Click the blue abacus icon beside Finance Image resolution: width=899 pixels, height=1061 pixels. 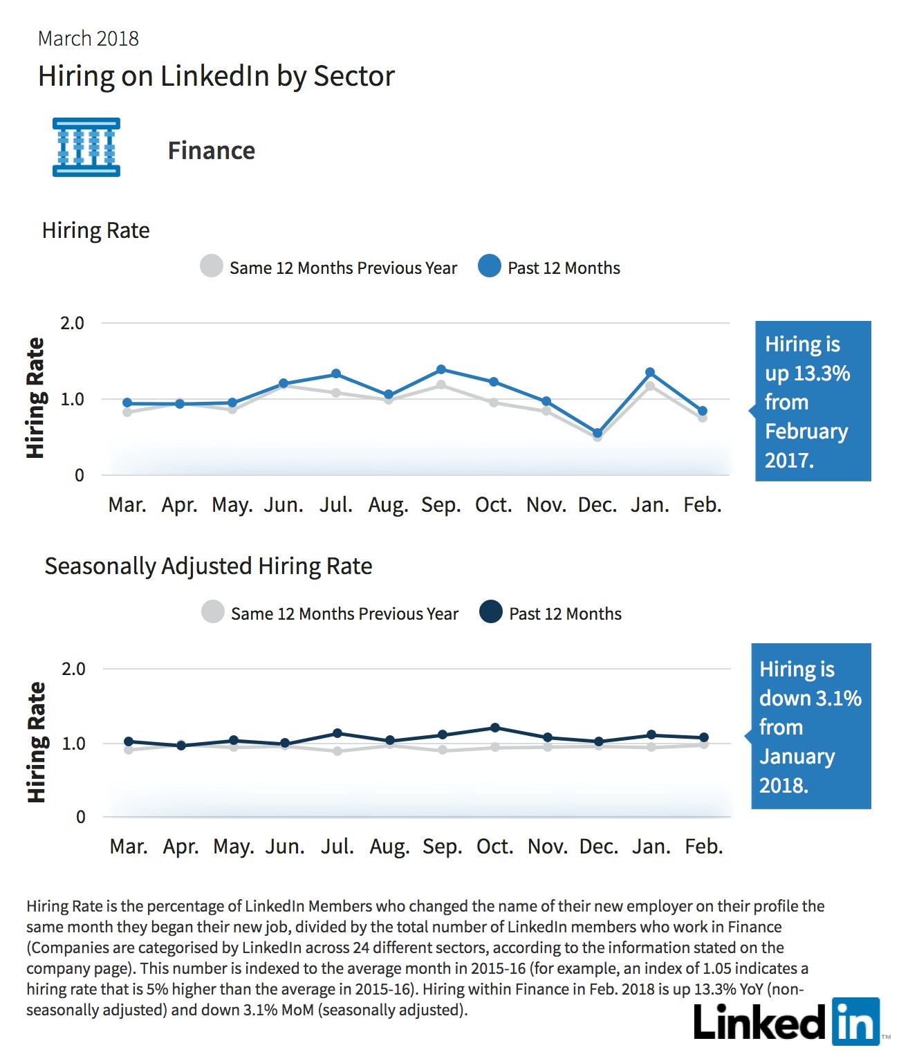coord(86,147)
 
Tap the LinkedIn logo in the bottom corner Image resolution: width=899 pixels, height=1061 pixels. coord(787,1022)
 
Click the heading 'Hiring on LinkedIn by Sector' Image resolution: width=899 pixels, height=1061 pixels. coord(216,77)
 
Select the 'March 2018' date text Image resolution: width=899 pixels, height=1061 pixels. coord(89,39)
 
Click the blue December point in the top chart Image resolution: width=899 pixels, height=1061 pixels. coord(597,433)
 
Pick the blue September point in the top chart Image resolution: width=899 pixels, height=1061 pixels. coord(441,369)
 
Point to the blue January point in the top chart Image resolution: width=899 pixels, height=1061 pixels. coord(650,372)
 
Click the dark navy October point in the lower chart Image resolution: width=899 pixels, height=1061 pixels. coord(495,728)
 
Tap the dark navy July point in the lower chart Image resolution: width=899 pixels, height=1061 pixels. coord(337,733)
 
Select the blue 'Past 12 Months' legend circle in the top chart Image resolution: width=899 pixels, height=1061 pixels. coord(489,266)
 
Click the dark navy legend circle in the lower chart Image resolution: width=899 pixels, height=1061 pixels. coord(490,611)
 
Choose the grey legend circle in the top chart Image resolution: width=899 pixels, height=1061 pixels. coord(212,266)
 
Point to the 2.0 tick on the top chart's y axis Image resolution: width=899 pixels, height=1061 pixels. coord(72,324)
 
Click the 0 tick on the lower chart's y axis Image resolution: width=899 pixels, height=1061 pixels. coord(80,817)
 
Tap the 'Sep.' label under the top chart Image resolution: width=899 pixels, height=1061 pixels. coord(441,505)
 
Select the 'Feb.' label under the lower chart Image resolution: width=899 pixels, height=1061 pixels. coord(704,846)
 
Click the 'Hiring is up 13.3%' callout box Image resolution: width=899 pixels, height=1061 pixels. coord(813,401)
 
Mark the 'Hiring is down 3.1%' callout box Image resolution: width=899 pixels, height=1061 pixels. coord(810,726)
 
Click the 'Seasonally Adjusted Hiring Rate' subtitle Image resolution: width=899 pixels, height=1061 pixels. coord(208,566)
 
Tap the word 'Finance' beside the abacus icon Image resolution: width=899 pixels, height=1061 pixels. coord(212,151)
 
